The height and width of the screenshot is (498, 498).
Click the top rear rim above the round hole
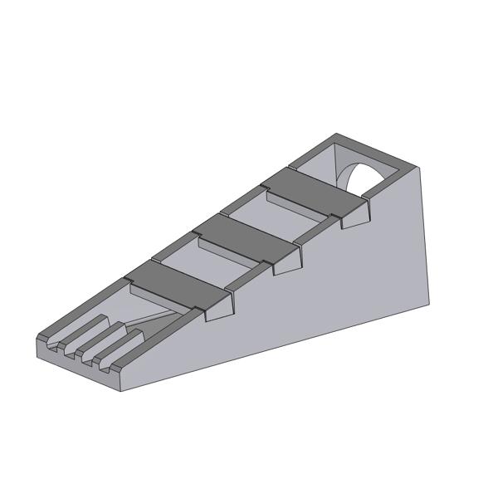(x=373, y=149)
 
